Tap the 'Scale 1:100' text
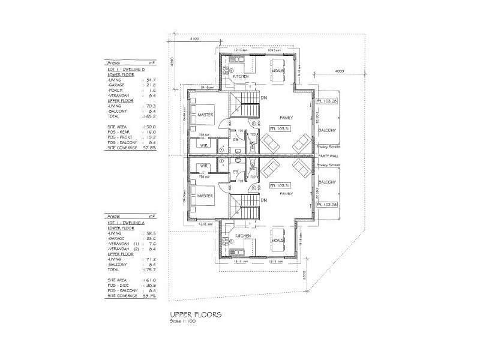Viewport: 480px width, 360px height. (182, 320)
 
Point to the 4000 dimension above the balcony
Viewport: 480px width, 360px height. (340, 71)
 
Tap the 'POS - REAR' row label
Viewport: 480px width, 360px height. (119, 132)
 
